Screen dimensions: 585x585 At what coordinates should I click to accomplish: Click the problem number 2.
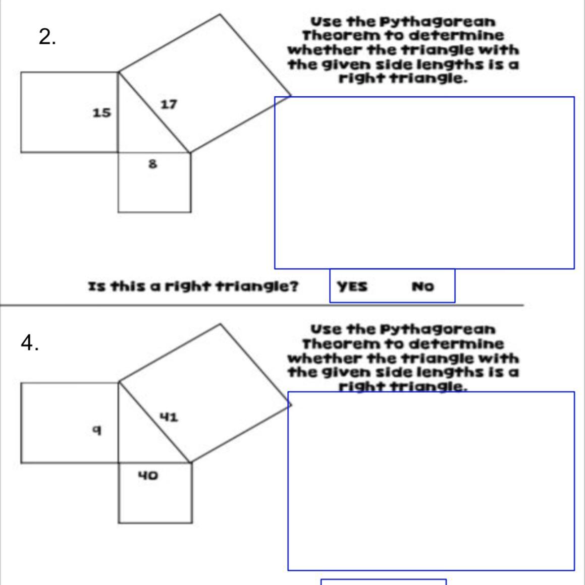tap(47, 37)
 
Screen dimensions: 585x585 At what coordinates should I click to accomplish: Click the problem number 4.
tap(30, 342)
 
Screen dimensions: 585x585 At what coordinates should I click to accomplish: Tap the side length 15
tap(101, 112)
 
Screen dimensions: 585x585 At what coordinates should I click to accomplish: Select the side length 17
tap(169, 104)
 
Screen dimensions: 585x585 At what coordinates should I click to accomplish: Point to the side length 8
tap(153, 163)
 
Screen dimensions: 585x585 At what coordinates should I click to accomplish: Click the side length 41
tap(169, 417)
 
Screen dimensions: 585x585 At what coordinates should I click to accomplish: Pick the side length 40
tap(148, 475)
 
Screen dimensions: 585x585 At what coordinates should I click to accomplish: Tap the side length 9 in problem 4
tap(97, 430)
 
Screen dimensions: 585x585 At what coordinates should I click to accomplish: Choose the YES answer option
tap(352, 286)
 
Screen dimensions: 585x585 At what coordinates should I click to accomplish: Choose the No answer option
tap(422, 286)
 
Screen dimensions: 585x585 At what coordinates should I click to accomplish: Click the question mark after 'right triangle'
tap(294, 286)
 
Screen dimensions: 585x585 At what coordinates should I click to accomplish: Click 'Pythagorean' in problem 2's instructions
tap(438, 22)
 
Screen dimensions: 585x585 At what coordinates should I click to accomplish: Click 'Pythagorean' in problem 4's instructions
tap(438, 329)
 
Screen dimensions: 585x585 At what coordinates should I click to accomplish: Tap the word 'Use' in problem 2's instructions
tap(326, 22)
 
